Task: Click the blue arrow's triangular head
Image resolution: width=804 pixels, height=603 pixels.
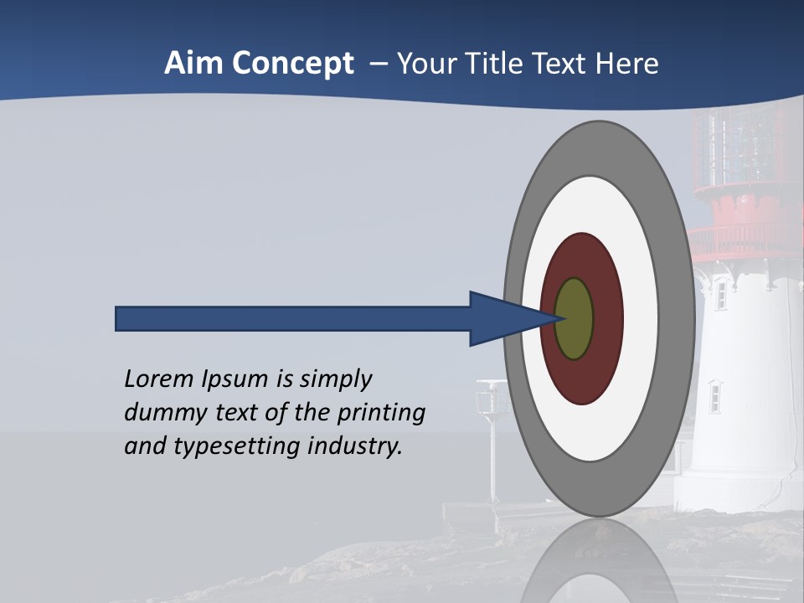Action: click(x=502, y=318)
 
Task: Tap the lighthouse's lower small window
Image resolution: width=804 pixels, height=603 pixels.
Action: click(x=714, y=397)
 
